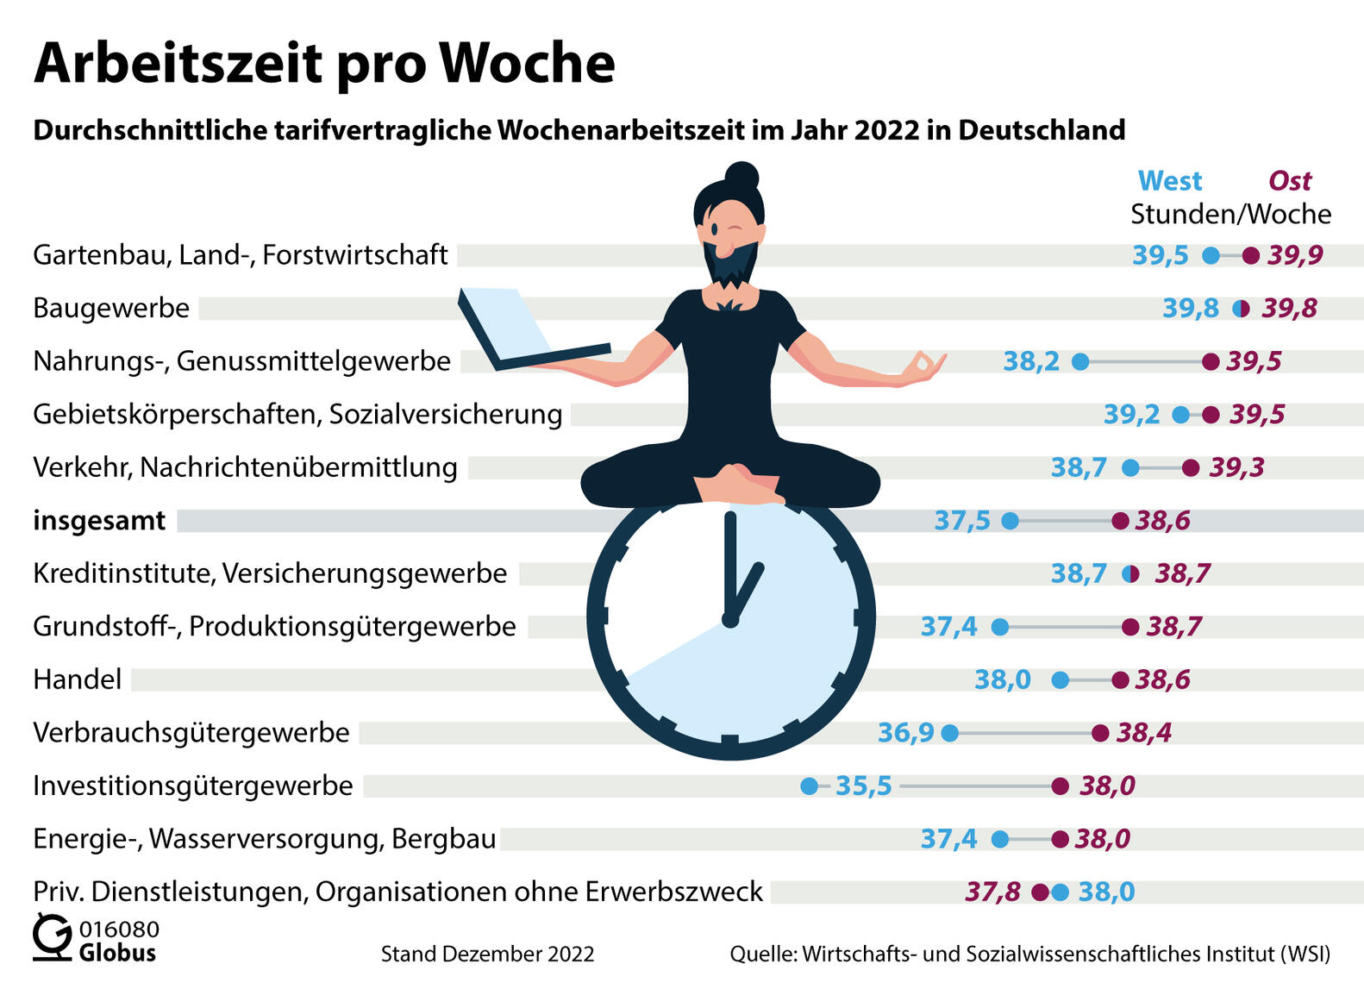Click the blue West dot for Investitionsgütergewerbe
tap(809, 786)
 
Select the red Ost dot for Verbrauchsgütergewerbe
tap(1100, 733)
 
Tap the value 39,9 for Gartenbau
tap(1295, 255)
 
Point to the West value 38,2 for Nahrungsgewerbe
tap(1031, 361)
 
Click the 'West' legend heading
tap(1169, 181)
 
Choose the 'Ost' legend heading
tap(1289, 181)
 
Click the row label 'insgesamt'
tap(99, 521)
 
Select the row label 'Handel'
tap(78, 679)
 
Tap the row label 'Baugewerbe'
tap(111, 308)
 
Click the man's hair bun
tap(741, 176)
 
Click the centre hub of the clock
tap(730, 620)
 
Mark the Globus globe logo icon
tap(52, 938)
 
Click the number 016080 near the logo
tap(119, 929)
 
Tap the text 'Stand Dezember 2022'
tap(487, 954)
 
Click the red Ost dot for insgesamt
tap(1120, 521)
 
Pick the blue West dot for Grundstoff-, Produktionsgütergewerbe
tap(999, 627)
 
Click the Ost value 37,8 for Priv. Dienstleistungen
tap(992, 892)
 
